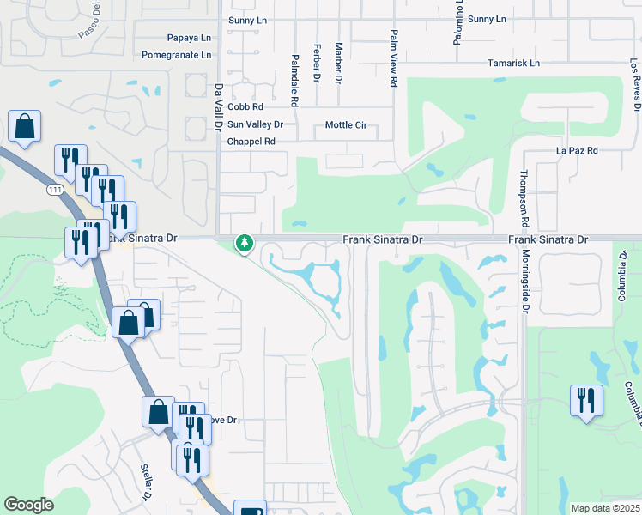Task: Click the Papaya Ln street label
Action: tap(188, 38)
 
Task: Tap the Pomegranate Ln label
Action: tap(177, 54)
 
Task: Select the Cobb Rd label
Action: tap(245, 107)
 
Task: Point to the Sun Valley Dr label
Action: tap(254, 124)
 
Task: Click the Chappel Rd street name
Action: tap(251, 141)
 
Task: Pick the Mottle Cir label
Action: tap(346, 125)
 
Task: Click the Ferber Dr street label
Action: tap(317, 63)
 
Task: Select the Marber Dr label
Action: tap(339, 63)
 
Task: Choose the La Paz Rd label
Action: tap(577, 150)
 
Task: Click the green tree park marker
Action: tap(245, 244)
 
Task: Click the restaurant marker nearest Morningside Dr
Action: tap(586, 401)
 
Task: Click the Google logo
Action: tap(28, 505)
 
